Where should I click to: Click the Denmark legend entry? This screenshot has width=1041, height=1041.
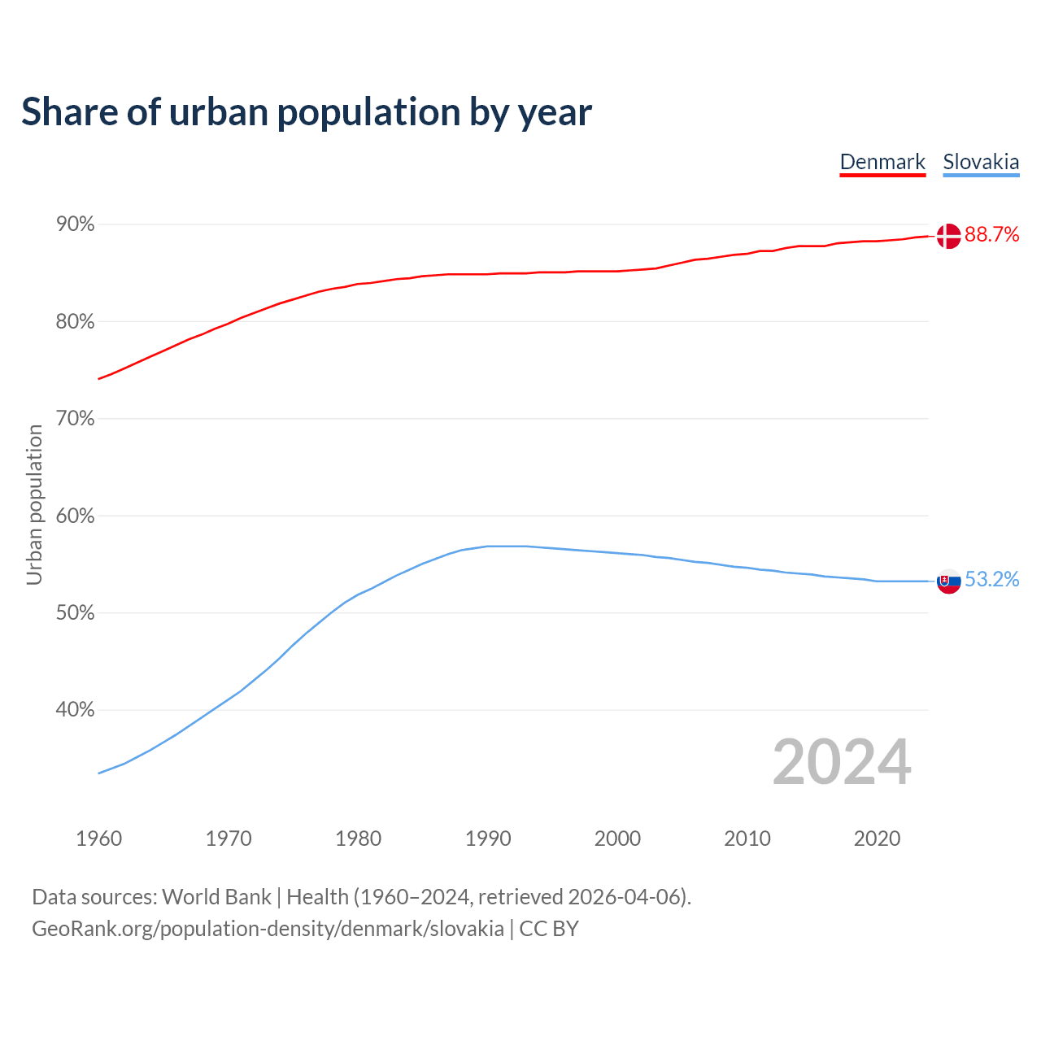[882, 162]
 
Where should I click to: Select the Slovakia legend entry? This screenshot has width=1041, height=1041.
[981, 162]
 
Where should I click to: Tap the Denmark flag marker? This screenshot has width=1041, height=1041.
[948, 236]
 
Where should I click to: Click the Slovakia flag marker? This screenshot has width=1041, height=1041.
[949, 581]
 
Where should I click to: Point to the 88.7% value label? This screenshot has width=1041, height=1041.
[991, 235]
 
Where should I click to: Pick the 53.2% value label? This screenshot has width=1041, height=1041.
[991, 579]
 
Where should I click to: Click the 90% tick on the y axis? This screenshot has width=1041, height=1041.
[75, 224]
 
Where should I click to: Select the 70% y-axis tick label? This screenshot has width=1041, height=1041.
[75, 419]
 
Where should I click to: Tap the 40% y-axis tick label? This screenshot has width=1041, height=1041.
[75, 710]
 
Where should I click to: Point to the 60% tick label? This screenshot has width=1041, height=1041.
[75, 516]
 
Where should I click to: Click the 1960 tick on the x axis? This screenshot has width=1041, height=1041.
[98, 838]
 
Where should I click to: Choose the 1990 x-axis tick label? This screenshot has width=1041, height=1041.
[488, 838]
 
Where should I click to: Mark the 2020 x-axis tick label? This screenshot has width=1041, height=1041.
[877, 838]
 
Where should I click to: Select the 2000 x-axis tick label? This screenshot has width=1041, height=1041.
[617, 838]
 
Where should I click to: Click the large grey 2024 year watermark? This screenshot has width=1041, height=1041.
[842, 762]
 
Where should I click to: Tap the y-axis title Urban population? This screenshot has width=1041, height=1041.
[34, 504]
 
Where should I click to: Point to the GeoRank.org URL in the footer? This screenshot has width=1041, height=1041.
[268, 929]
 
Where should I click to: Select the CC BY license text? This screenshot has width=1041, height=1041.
[549, 929]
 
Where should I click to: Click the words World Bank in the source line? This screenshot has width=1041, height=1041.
[216, 897]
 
